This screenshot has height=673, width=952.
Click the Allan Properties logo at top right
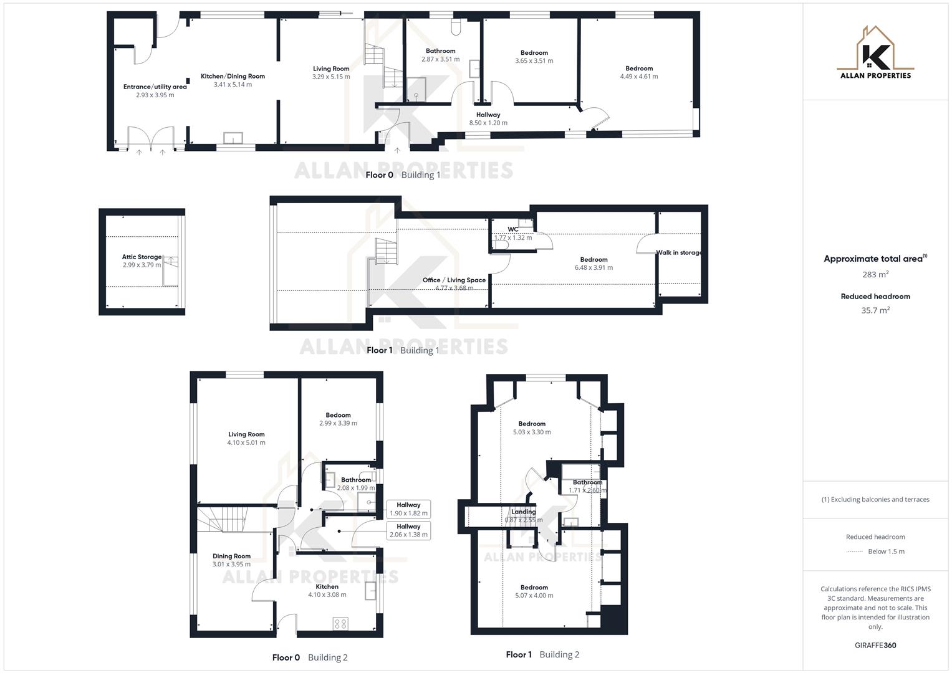click(x=875, y=53)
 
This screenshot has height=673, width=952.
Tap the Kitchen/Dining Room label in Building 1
click(x=233, y=76)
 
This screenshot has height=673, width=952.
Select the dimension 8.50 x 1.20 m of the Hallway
click(x=488, y=123)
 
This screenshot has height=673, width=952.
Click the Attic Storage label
click(x=142, y=257)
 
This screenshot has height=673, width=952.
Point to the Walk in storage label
click(x=679, y=252)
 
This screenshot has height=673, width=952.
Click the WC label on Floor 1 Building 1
click(x=512, y=229)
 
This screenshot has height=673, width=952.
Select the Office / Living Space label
click(x=454, y=280)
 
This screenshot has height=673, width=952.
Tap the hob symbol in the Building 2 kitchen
click(x=340, y=624)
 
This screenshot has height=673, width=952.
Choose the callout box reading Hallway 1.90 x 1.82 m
click(x=408, y=509)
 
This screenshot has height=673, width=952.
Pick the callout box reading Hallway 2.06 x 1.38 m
click(x=408, y=530)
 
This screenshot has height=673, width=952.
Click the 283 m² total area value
click(x=875, y=274)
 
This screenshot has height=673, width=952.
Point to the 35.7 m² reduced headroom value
click(x=875, y=310)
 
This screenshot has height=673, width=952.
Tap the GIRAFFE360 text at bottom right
click(x=875, y=645)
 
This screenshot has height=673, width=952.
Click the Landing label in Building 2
click(x=523, y=512)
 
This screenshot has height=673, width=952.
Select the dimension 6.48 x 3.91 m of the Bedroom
click(x=594, y=268)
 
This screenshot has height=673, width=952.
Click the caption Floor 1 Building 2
click(x=542, y=654)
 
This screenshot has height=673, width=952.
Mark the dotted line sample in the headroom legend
click(x=855, y=551)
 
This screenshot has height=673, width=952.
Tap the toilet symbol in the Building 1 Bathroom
click(x=456, y=26)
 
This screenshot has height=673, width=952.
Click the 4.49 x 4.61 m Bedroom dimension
click(x=639, y=77)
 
